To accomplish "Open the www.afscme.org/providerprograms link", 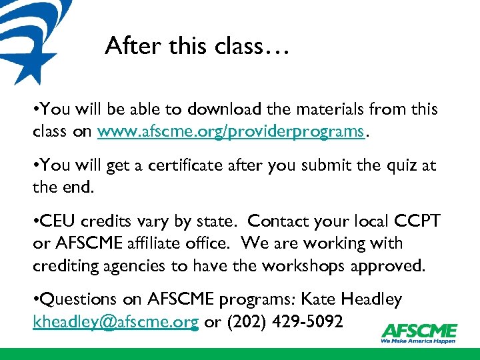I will coord(231,132).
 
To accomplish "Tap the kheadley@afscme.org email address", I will coord(115,323).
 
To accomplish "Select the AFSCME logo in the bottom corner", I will coord(419,331).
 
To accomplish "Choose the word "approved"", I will coord(389,267).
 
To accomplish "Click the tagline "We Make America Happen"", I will coord(419,341).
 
